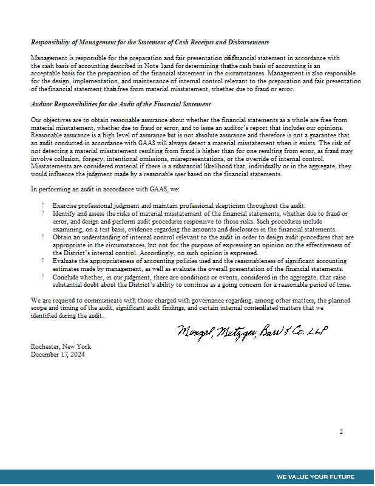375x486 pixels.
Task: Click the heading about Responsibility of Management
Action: pyautogui.click(x=149, y=42)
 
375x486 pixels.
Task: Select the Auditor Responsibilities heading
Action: pyautogui.click(x=121, y=104)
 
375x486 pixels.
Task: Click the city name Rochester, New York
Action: pyautogui.click(x=61, y=346)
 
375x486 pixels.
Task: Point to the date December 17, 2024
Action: pyautogui.click(x=58, y=354)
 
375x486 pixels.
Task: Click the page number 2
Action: pyautogui.click(x=341, y=431)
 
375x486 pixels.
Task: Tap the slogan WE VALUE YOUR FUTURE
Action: pyautogui.click(x=316, y=476)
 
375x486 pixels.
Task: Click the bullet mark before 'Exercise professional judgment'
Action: pyautogui.click(x=43, y=206)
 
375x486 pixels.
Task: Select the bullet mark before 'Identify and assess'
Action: pyautogui.click(x=43, y=214)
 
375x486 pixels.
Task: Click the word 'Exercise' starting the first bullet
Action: pyautogui.click(x=64, y=206)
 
